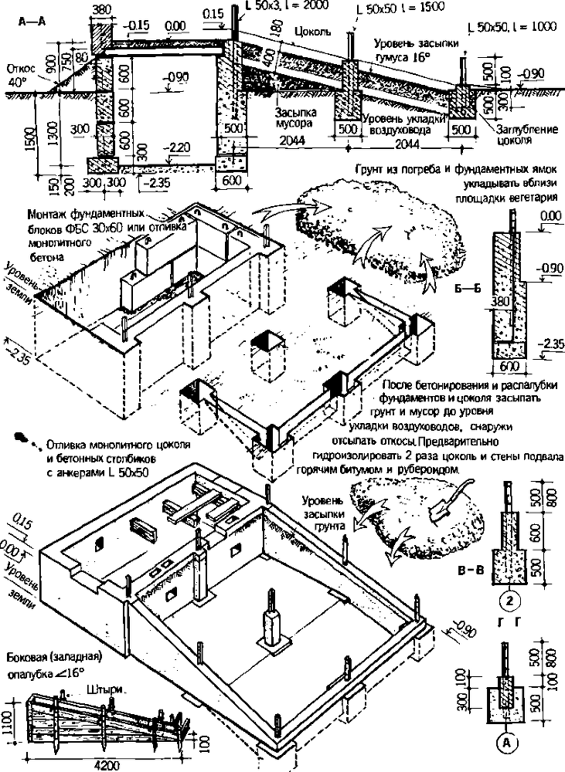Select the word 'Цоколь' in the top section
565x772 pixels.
(x=314, y=34)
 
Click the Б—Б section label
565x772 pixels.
(x=474, y=290)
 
